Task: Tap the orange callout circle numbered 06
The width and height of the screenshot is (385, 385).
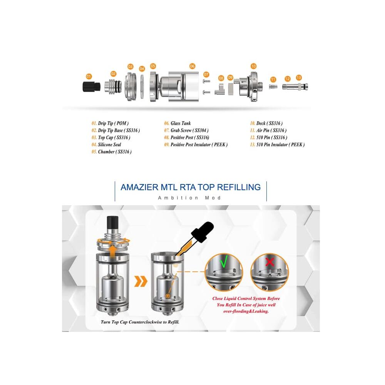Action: click(192, 66)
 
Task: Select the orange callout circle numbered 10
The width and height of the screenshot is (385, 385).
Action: click(253, 66)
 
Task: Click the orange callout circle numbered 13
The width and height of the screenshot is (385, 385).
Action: click(299, 77)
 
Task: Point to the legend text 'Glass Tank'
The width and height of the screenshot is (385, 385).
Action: click(181, 124)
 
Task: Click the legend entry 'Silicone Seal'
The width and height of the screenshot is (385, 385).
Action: click(109, 145)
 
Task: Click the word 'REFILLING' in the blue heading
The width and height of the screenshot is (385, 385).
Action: click(239, 187)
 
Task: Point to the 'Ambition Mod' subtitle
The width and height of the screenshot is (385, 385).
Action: click(190, 198)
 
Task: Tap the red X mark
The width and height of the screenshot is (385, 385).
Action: click(269, 262)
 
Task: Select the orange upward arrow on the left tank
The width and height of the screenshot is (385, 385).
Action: click(112, 251)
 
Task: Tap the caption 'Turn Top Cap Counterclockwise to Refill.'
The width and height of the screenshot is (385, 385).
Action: click(140, 321)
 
